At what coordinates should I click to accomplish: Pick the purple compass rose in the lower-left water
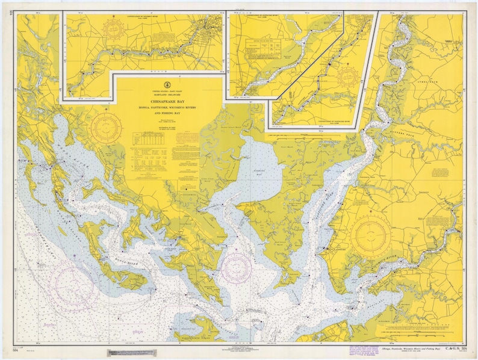pyautogui.click(x=72, y=286)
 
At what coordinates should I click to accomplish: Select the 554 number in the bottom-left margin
pyautogui.click(x=14, y=349)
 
